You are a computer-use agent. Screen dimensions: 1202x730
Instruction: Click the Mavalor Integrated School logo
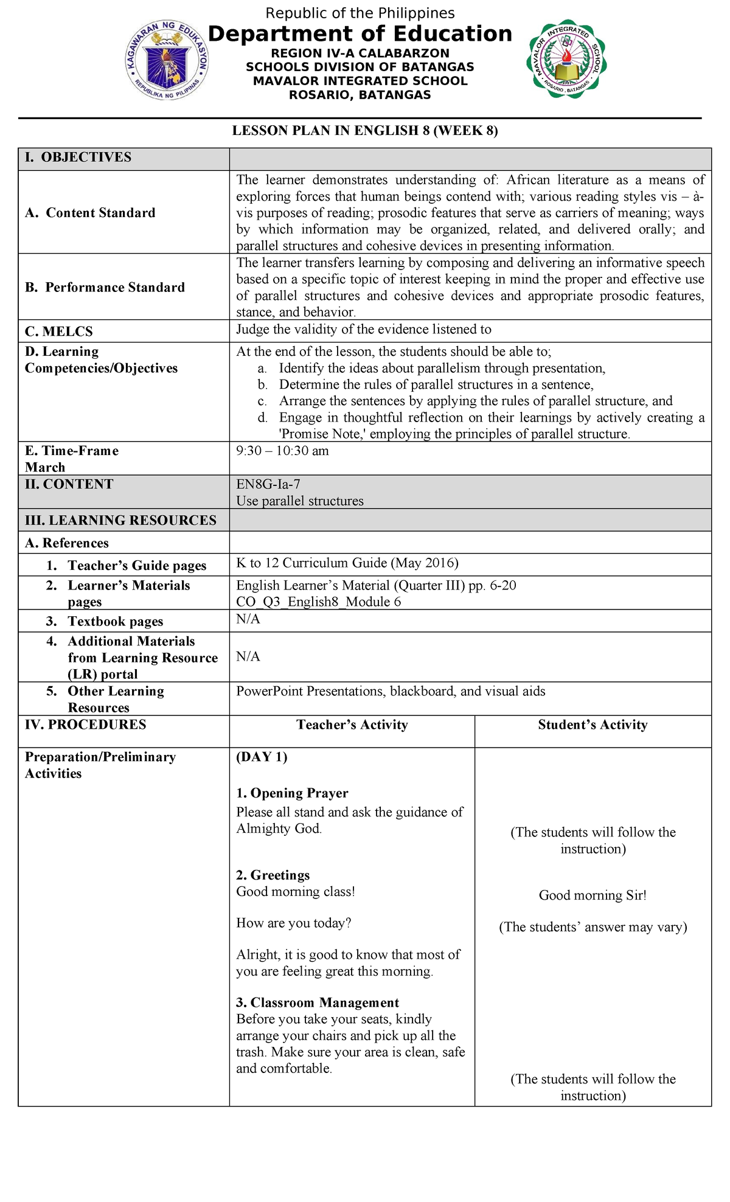566,59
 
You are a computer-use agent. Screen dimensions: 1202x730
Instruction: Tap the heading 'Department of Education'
360,34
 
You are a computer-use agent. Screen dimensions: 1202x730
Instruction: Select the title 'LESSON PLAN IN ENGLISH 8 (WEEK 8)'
365,131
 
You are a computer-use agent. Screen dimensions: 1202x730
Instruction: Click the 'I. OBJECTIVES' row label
78,158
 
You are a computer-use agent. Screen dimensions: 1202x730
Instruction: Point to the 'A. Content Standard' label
90,213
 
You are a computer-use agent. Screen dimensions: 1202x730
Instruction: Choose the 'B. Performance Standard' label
105,288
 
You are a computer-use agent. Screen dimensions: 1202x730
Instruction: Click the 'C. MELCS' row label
59,332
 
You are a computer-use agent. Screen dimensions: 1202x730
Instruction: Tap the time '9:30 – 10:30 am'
282,451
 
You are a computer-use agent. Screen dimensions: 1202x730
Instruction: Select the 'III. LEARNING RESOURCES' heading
120,521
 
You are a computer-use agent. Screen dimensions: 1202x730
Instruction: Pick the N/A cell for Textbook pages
248,619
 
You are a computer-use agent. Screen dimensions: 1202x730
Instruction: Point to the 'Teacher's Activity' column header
352,724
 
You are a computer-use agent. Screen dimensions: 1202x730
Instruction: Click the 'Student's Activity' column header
593,724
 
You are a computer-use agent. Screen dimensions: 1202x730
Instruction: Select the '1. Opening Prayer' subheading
292,793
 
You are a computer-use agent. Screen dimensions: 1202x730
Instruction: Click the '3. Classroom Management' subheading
318,1002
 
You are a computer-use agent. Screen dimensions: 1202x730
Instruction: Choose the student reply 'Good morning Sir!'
593,895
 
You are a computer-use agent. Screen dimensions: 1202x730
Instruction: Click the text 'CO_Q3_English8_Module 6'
318,602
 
